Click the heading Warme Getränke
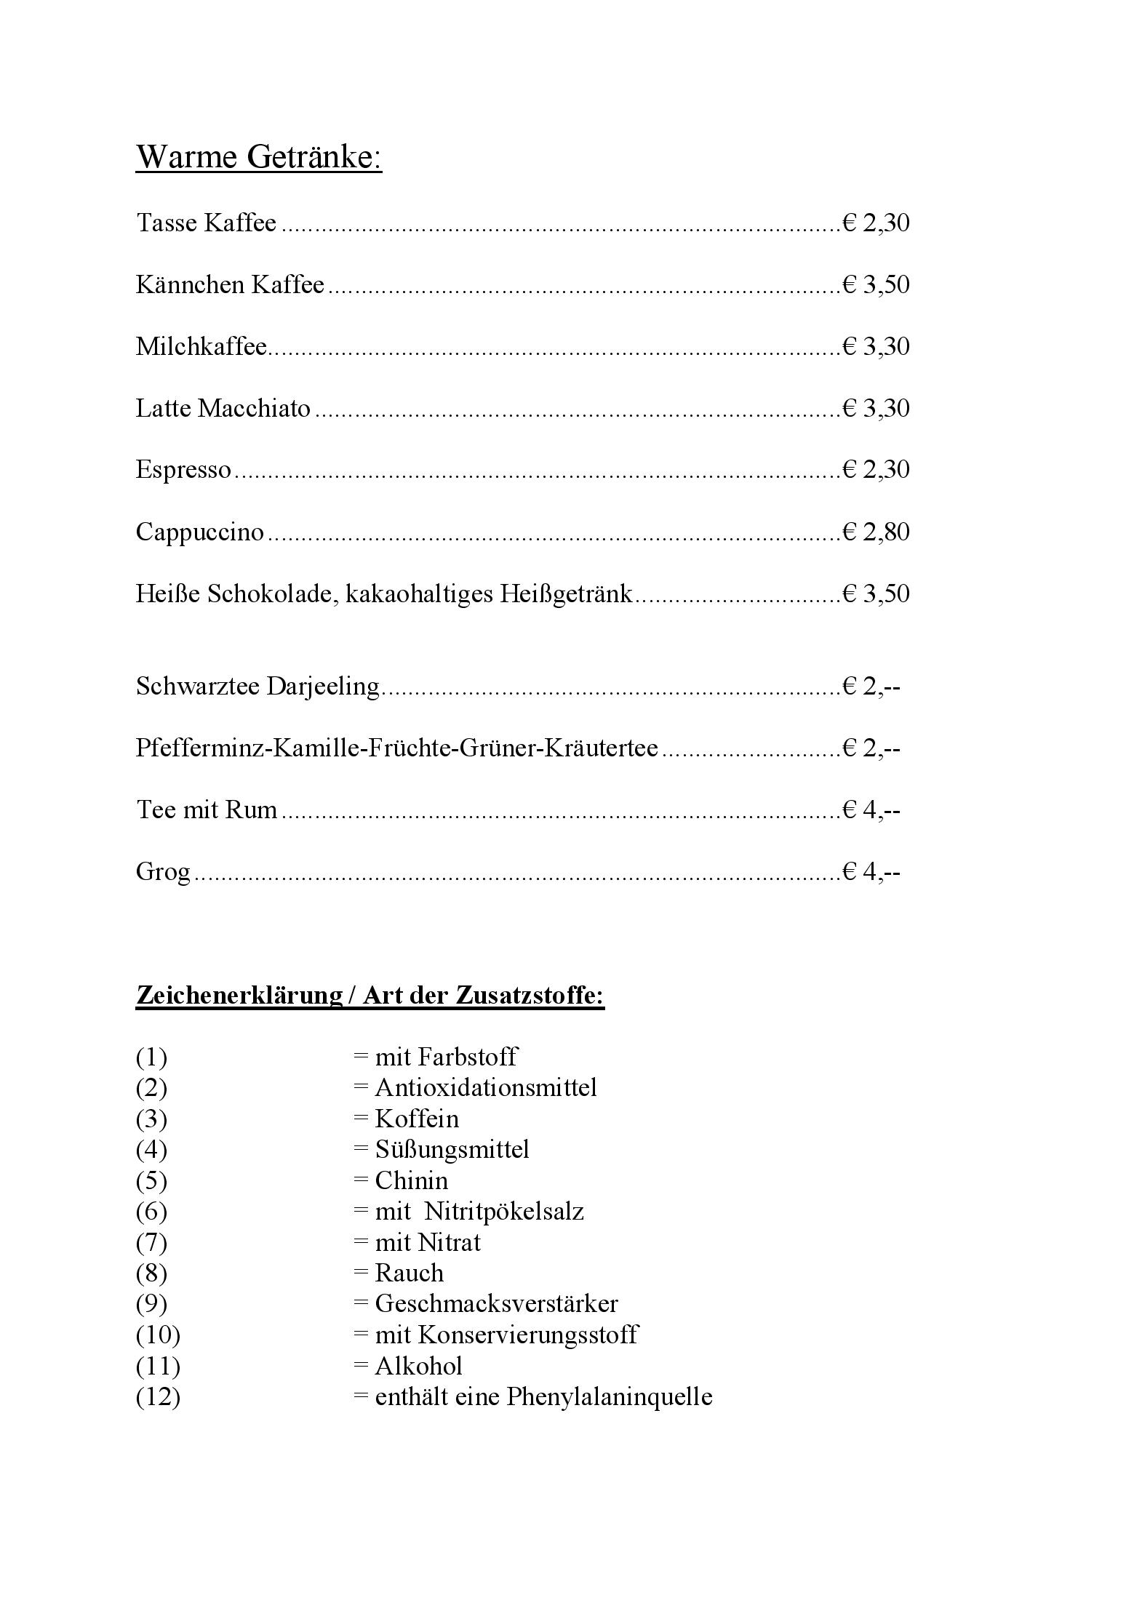click(x=259, y=157)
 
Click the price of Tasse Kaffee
click(x=876, y=223)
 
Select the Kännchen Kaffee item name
click(x=230, y=284)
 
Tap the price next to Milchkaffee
click(x=876, y=346)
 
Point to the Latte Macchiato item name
click(x=223, y=408)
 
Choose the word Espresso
click(x=183, y=470)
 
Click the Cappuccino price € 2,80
click(x=876, y=532)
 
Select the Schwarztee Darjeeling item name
click(x=257, y=686)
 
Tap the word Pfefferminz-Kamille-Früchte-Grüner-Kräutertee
click(x=397, y=748)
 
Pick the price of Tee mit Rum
click(x=871, y=809)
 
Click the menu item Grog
click(x=163, y=871)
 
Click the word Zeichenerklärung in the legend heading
click(x=239, y=995)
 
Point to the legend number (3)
click(x=151, y=1119)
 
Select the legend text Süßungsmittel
click(x=452, y=1149)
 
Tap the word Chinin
click(x=411, y=1180)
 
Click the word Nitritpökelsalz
click(x=503, y=1211)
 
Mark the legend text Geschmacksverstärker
click(x=496, y=1303)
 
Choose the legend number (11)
click(x=158, y=1366)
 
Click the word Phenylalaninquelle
click(x=610, y=1396)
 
